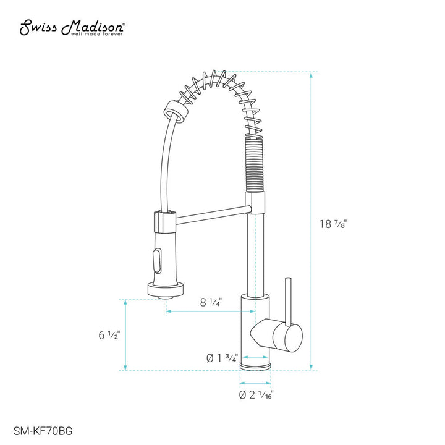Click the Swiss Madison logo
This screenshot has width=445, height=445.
73,28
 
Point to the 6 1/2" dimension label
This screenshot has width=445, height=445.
109,336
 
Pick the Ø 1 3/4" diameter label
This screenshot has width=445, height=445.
222,357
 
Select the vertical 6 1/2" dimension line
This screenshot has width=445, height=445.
126,336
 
